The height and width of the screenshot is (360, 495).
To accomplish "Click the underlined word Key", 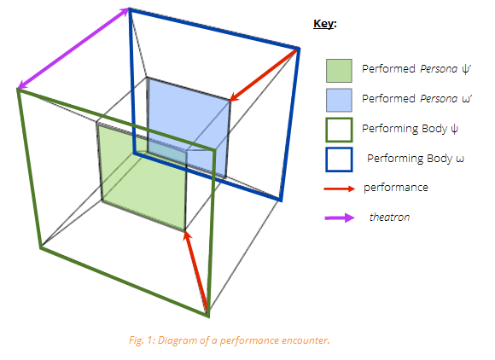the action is coord(323,24).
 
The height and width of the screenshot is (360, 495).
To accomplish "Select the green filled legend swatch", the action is coord(339,71).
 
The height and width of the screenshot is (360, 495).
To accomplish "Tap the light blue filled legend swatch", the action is coord(339,100).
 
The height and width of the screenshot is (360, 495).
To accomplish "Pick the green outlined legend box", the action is coord(339,130).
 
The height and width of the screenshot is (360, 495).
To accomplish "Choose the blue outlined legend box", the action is coord(339,160).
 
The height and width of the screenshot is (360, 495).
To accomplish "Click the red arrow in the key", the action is coord(340,189).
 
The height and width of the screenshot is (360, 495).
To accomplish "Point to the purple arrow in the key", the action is coord(340,218).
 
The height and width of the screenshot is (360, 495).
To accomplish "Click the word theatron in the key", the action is coord(389,217).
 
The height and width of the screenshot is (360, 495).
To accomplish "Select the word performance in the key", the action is coord(396,188).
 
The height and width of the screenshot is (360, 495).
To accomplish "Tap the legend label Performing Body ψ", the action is coord(410,129).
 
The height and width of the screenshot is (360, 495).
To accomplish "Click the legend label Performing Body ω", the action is coord(416,159).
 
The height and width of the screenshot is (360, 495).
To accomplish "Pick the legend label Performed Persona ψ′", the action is coord(416,69).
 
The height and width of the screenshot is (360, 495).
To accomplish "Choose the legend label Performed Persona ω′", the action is coord(416,99).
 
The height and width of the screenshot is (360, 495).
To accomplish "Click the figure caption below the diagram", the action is coord(230,340).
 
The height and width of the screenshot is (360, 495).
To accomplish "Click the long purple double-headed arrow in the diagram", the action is coord(73,49).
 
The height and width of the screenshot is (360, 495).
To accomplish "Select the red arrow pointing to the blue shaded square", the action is coord(264,75).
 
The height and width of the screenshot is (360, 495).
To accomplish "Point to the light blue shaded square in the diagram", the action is coord(189,126).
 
